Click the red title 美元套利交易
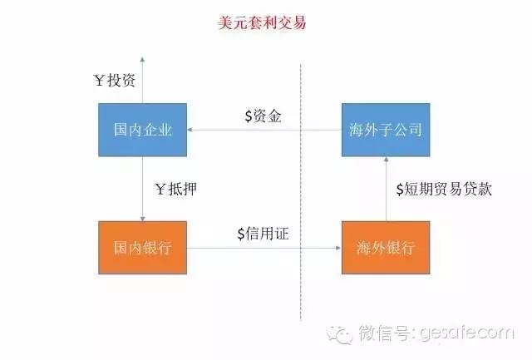click(262, 22)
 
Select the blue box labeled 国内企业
click(142, 130)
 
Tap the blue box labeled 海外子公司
click(386, 130)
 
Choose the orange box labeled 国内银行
click(142, 248)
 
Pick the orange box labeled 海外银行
click(386, 248)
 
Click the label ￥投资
click(115, 81)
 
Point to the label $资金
click(264, 116)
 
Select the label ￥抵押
click(176, 189)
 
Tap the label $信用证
click(263, 234)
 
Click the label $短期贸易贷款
click(444, 189)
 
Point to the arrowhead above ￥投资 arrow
click(142, 59)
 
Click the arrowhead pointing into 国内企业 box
click(190, 130)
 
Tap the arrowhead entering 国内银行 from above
click(142, 219)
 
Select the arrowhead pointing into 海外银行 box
click(338, 248)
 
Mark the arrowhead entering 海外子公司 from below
click(386, 160)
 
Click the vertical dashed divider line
click(301, 192)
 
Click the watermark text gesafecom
click(467, 333)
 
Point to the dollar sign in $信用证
click(241, 234)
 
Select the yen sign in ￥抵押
click(160, 189)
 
